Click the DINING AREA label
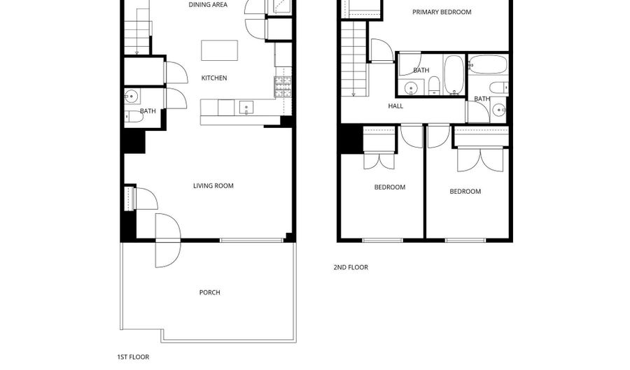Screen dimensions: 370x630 [x=209, y=5]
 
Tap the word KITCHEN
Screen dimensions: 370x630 [x=214, y=78]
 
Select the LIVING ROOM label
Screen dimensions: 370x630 [x=213, y=186]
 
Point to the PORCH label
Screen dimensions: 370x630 [x=209, y=292]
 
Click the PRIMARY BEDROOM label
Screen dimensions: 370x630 [x=441, y=12]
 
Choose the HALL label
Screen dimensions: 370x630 [x=395, y=106]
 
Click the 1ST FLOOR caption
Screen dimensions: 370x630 [x=132, y=357]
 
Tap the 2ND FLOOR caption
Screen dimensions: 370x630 [x=350, y=267]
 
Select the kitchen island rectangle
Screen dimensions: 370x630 [x=219, y=50]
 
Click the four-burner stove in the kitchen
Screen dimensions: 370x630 [x=283, y=86]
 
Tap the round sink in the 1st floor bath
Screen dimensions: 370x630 [x=130, y=97]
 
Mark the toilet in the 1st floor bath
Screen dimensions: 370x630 [x=129, y=116]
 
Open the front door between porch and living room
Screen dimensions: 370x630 [x=168, y=240]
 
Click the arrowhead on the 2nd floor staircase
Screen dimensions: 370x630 [x=353, y=94]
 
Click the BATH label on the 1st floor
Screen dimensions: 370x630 [x=148, y=111]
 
